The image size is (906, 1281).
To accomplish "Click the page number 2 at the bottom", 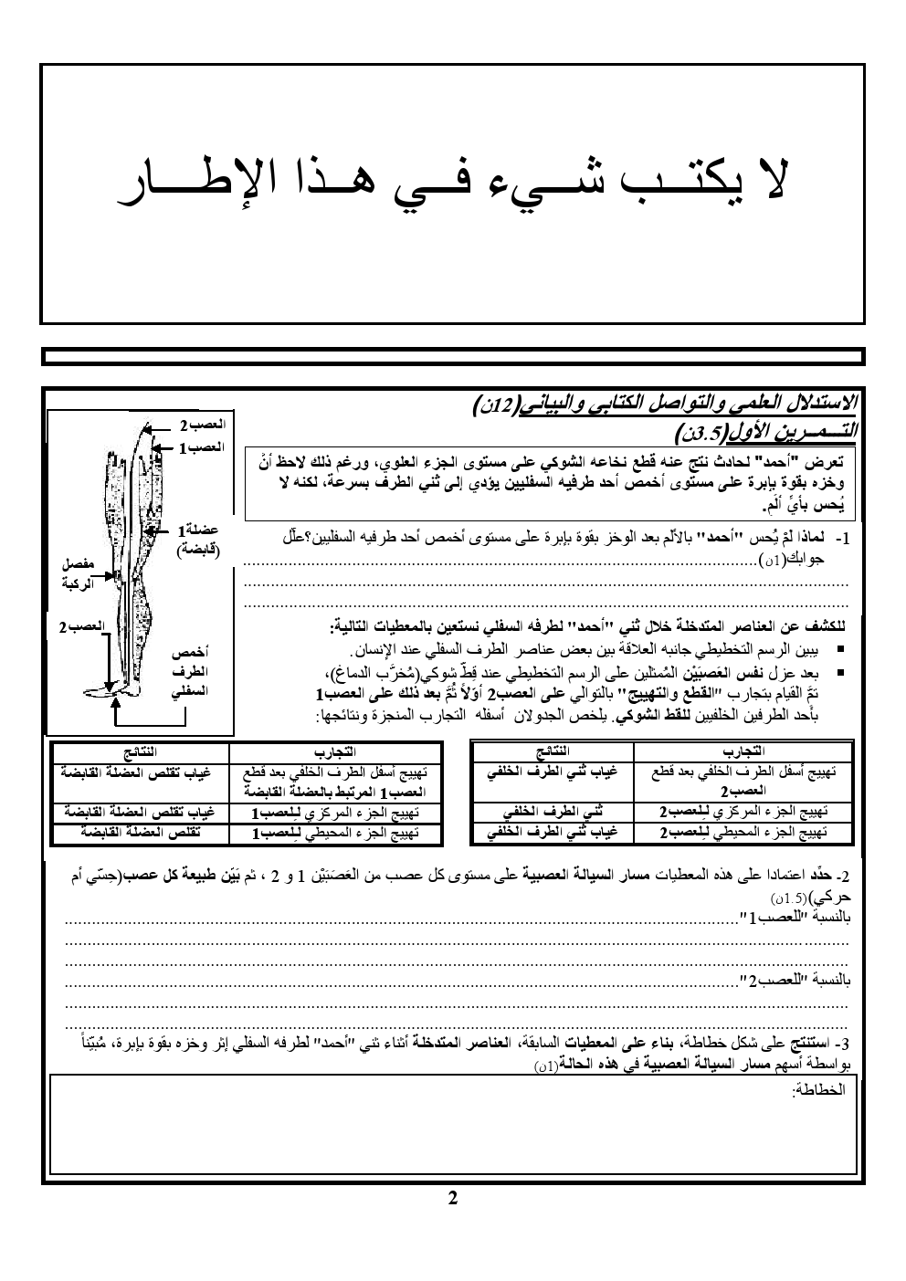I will tap(452, 1199).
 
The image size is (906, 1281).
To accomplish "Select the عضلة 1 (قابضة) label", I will tap(196, 539).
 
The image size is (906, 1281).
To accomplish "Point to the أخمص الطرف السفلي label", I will tap(190, 672).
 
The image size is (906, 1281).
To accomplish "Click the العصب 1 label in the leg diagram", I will tap(202, 448).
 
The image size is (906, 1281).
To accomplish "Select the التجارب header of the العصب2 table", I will tap(743, 751).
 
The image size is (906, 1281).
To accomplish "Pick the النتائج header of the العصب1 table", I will tap(138, 751).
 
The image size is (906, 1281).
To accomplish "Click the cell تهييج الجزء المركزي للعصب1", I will tap(334, 814).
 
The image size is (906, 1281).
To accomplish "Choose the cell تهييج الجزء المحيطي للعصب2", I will tap(743, 832).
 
